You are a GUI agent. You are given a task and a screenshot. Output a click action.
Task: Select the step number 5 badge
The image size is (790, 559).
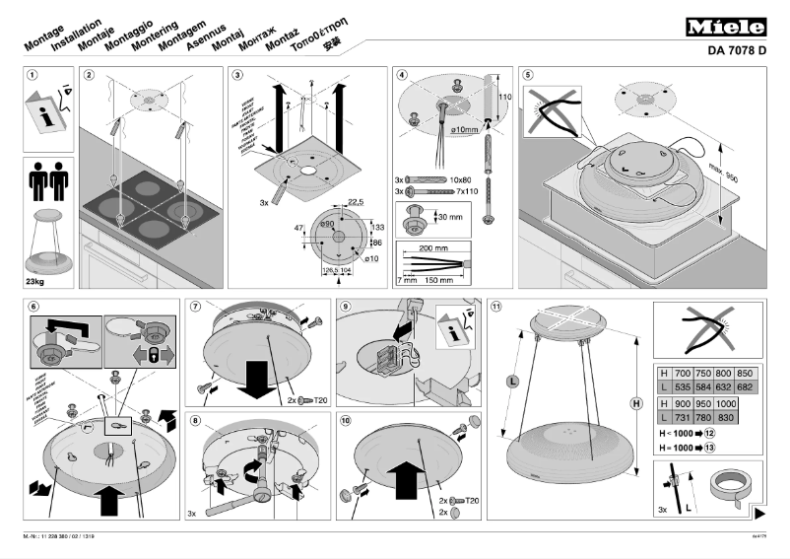pos(528,75)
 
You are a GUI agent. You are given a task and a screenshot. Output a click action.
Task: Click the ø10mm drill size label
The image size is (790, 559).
pos(464,130)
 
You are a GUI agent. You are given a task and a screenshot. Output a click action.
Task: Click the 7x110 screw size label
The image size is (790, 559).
pos(461,191)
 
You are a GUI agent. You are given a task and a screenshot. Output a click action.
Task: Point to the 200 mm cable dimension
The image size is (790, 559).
pos(434,249)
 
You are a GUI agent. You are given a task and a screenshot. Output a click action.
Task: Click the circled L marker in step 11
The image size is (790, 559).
pos(512,382)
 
